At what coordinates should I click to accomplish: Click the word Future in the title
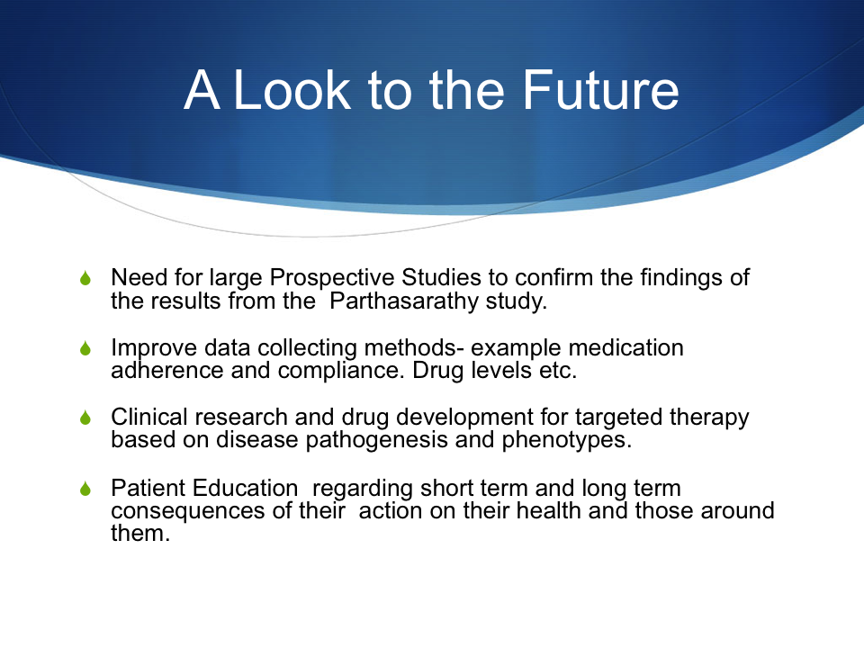click(x=600, y=90)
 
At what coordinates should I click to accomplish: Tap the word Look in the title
click(x=292, y=90)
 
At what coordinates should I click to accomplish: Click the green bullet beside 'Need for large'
click(x=85, y=278)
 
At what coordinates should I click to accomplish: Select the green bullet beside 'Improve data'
click(x=85, y=348)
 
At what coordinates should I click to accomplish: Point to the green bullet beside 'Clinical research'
click(x=85, y=418)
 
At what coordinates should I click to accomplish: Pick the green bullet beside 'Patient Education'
click(x=85, y=488)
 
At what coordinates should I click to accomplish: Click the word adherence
click(x=167, y=370)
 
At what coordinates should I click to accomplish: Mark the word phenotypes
click(x=567, y=440)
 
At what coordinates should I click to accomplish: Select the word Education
click(x=245, y=488)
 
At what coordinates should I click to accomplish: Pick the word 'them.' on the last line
click(x=140, y=534)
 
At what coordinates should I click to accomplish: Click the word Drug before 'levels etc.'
click(x=438, y=371)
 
